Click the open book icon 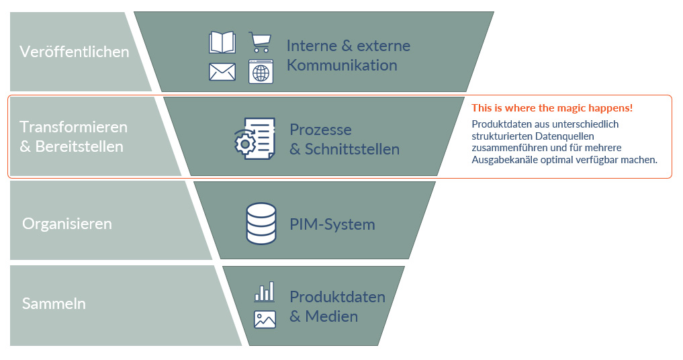click(222, 43)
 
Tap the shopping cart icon click(260, 42)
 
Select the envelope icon click(222, 72)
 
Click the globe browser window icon click(261, 72)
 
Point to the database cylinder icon click(261, 223)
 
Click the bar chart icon click(264, 291)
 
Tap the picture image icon click(265, 319)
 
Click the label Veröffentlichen click(75, 52)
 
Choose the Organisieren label click(67, 224)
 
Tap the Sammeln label click(54, 304)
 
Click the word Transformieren click(73, 127)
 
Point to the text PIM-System click(332, 224)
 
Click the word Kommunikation click(342, 65)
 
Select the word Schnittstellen click(353, 149)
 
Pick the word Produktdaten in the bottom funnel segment click(337, 297)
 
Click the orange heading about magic click(552, 108)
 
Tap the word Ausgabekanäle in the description click(503, 160)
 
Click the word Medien click(332, 316)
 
